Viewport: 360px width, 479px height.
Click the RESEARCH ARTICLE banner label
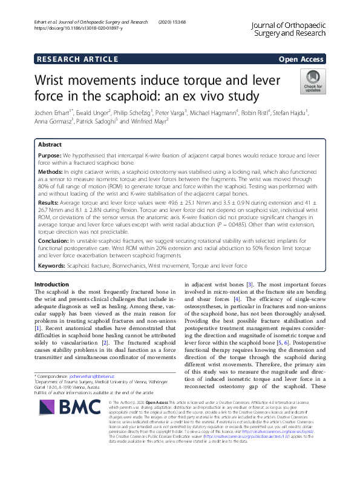coord(77,59)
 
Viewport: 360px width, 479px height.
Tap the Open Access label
coord(301,59)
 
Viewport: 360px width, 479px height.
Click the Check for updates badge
coord(313,81)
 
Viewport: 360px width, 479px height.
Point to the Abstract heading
coord(50,145)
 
